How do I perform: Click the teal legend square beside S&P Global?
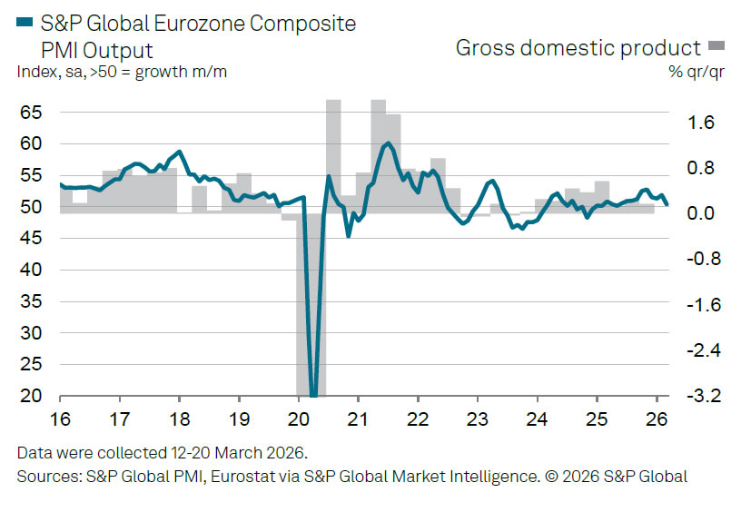(x=25, y=23)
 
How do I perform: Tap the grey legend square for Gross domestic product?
(x=716, y=47)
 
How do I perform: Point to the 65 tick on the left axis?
(x=31, y=113)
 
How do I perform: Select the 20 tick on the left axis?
(x=31, y=397)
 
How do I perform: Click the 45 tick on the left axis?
(x=31, y=239)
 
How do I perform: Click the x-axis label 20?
(x=298, y=420)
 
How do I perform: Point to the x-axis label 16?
(x=59, y=420)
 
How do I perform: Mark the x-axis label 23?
(x=477, y=420)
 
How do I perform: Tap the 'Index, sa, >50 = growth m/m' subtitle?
(x=122, y=73)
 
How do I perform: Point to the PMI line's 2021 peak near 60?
(x=388, y=143)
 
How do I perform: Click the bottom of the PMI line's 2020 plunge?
(x=313, y=395)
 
